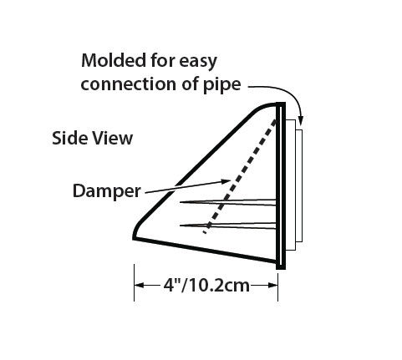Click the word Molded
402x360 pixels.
pyautogui.click(x=114, y=60)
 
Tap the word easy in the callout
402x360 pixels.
pyautogui.click(x=198, y=62)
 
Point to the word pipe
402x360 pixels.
pyautogui.click(x=222, y=84)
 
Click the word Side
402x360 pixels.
pyautogui.click(x=70, y=138)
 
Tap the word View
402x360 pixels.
pyautogui.click(x=113, y=138)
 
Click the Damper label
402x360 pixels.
pyautogui.click(x=107, y=191)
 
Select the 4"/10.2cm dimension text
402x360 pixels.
pyautogui.click(x=206, y=286)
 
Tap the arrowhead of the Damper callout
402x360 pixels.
pyautogui.click(x=226, y=181)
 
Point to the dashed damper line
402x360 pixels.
pyautogui.click(x=240, y=176)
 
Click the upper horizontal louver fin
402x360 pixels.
pyautogui.click(x=228, y=202)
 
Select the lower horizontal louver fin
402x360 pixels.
pyautogui.click(x=228, y=226)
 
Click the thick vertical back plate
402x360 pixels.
pyautogui.click(x=281, y=186)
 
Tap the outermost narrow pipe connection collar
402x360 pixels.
pyautogui.click(x=299, y=185)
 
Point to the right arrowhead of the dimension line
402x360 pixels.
pyautogui.click(x=272, y=286)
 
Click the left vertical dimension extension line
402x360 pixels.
pyautogui.click(x=135, y=282)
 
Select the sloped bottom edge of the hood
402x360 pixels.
pyautogui.click(x=206, y=251)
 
